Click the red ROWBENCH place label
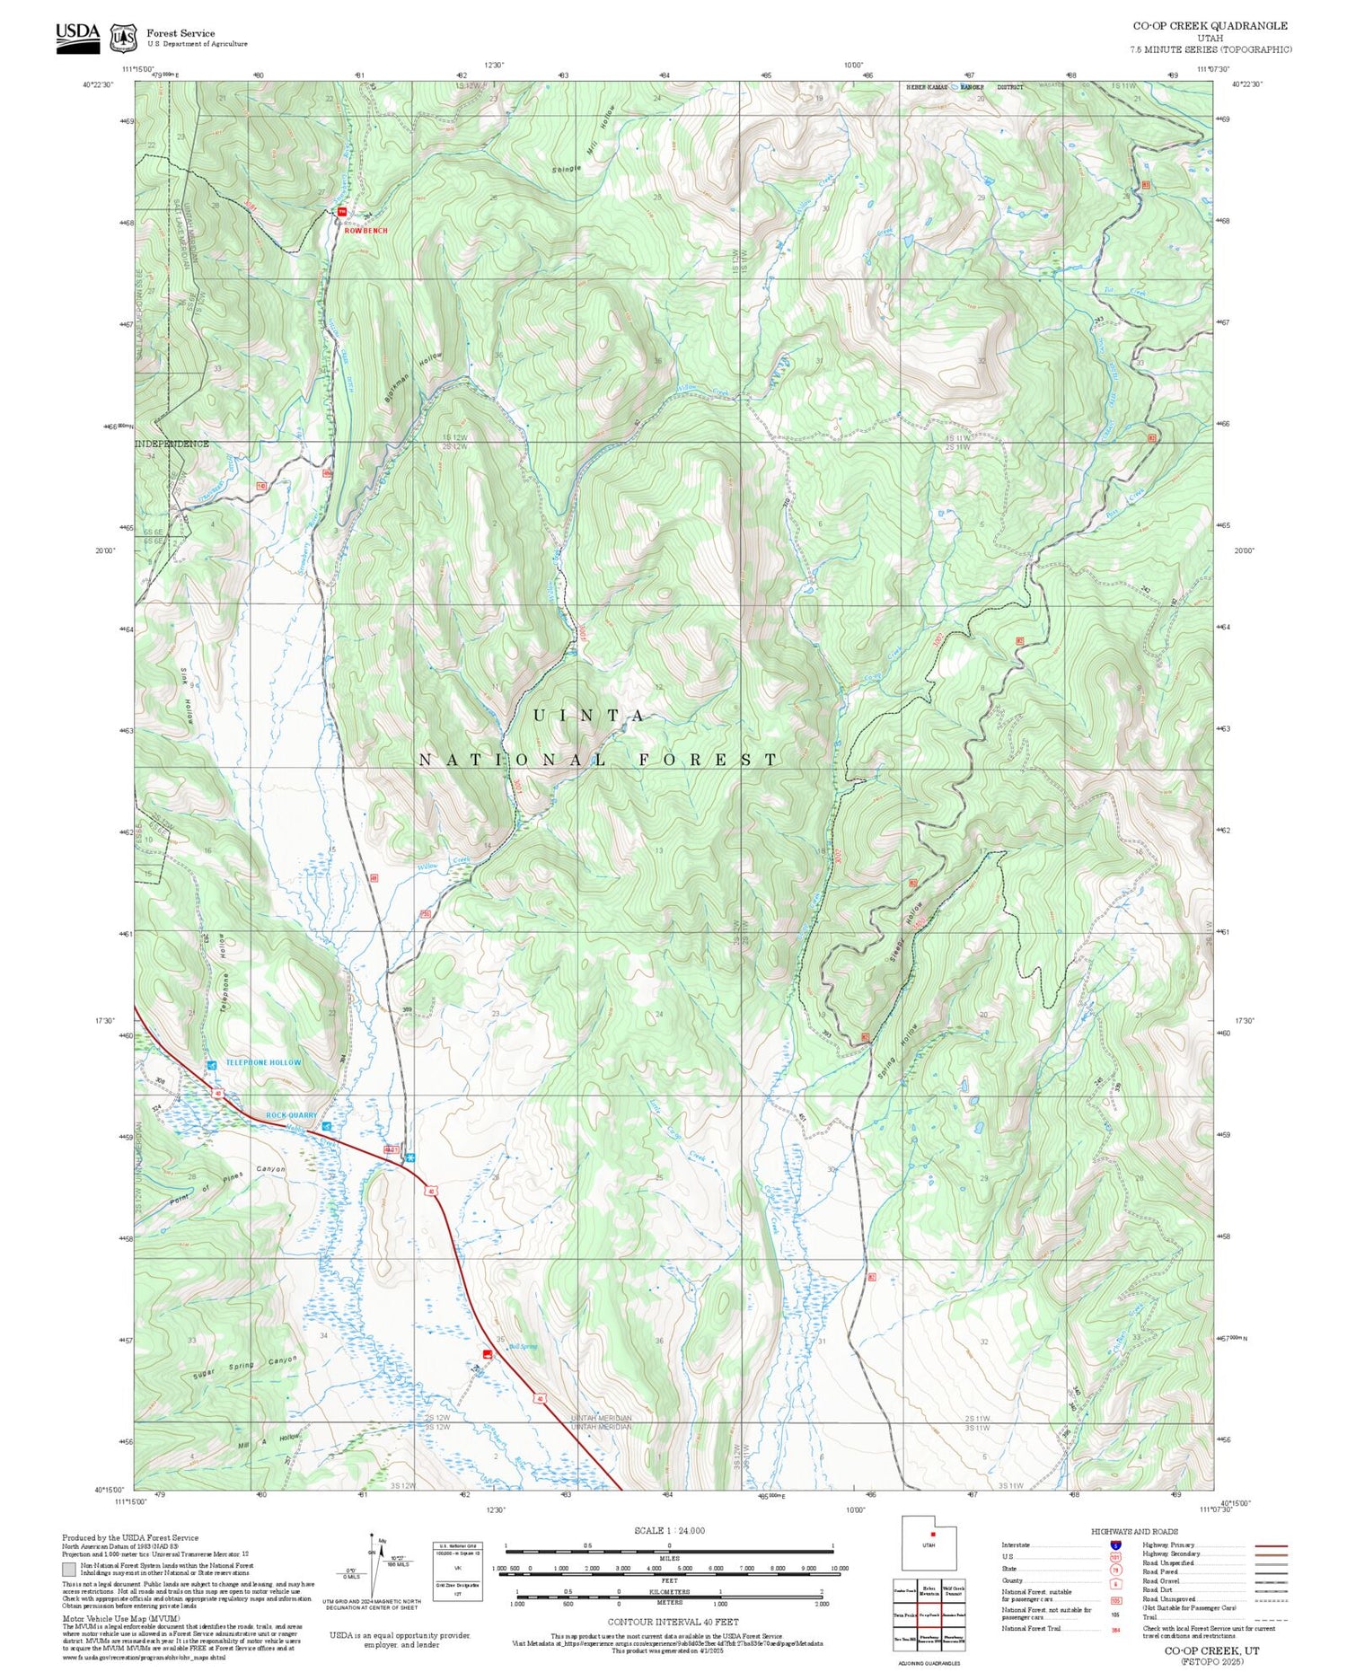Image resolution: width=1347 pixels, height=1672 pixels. click(366, 231)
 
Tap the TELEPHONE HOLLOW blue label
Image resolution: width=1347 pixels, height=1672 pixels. click(263, 1062)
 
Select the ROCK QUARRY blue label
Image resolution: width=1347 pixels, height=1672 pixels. click(292, 1115)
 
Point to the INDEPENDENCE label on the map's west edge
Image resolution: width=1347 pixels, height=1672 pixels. click(172, 444)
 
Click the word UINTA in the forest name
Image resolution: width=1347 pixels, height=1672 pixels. click(589, 716)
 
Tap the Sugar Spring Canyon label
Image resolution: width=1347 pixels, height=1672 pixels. click(243, 1368)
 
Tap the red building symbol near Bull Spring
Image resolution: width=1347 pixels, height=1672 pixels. click(488, 1353)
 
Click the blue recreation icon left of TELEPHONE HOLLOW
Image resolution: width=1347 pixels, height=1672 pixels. click(211, 1065)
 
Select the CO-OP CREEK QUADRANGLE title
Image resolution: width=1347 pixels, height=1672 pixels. click(1210, 25)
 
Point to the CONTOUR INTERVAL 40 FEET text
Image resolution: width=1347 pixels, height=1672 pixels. click(673, 1622)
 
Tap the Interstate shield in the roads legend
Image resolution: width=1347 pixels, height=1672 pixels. click(1115, 1544)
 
